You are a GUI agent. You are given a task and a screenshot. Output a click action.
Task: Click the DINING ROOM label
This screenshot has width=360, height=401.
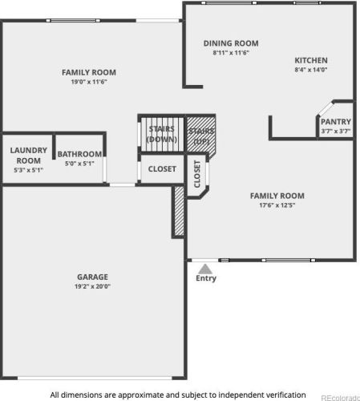pyautogui.click(x=231, y=43)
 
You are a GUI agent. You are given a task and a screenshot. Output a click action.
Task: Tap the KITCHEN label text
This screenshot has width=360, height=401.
pyautogui.click(x=311, y=60)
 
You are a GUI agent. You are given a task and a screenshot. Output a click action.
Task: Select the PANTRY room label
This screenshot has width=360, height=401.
pyautogui.click(x=336, y=122)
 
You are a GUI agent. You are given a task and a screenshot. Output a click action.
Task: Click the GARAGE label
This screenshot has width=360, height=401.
pyautogui.click(x=92, y=277)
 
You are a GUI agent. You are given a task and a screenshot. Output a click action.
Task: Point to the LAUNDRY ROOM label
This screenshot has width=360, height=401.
pyautogui.click(x=29, y=156)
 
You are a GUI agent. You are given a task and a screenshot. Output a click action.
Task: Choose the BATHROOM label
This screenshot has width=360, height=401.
pyautogui.click(x=79, y=154)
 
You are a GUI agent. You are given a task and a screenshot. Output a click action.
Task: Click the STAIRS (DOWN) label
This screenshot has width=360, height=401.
pyautogui.click(x=162, y=134)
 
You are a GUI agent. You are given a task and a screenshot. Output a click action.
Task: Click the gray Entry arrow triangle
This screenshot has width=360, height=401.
pyautogui.click(x=205, y=269)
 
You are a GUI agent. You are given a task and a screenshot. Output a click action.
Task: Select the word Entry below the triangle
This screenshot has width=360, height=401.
pyautogui.click(x=206, y=278)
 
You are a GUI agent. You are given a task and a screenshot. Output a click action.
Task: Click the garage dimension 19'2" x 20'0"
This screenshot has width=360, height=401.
pyautogui.click(x=92, y=286)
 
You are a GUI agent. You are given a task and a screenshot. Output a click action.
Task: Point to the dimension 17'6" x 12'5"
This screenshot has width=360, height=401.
pyautogui.click(x=277, y=205)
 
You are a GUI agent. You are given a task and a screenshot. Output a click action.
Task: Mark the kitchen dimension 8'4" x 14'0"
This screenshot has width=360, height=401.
pyautogui.click(x=311, y=70)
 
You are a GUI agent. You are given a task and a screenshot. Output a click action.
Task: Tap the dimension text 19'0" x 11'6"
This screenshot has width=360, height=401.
pyautogui.click(x=89, y=82)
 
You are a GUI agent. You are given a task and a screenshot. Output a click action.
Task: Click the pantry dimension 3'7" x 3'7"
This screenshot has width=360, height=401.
pyautogui.click(x=336, y=131)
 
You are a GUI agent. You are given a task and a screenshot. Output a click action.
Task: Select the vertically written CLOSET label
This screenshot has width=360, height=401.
pyautogui.click(x=197, y=174)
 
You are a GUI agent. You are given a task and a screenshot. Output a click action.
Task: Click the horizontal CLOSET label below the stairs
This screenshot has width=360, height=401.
pyautogui.click(x=162, y=169)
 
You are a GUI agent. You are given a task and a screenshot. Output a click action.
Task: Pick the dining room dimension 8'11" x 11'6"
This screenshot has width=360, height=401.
pyautogui.click(x=231, y=53)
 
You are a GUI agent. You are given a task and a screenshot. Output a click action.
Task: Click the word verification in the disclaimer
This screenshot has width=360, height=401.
pyautogui.click(x=285, y=395)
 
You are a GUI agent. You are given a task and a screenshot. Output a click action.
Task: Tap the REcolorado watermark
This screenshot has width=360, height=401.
pyautogui.click(x=340, y=398)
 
